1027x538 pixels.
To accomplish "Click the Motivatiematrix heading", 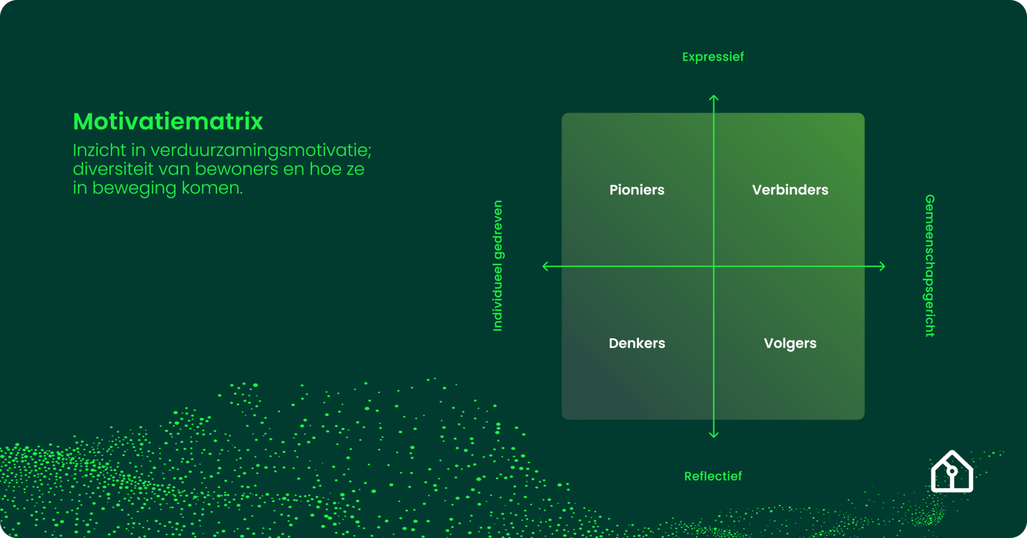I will (168, 121).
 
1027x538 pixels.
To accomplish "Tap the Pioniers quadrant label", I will (637, 190).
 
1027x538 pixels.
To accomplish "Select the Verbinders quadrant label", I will (790, 190).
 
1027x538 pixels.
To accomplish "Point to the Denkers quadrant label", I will (637, 343).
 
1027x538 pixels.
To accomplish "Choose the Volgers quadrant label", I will (790, 343).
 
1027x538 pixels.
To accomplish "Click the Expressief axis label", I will (713, 57).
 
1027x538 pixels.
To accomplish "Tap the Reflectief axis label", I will (713, 476).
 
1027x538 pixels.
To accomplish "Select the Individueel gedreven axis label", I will (497, 265).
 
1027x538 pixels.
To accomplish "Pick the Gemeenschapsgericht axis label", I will (930, 265).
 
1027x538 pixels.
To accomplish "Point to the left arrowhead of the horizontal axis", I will (545, 266).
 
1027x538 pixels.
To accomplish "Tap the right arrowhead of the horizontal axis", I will (883, 266).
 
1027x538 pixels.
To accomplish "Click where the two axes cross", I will (714, 266).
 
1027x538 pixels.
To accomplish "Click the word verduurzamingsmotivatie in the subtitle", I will (261, 150).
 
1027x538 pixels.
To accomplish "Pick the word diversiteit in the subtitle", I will (113, 169).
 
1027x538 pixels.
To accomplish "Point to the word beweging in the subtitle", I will (134, 188).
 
